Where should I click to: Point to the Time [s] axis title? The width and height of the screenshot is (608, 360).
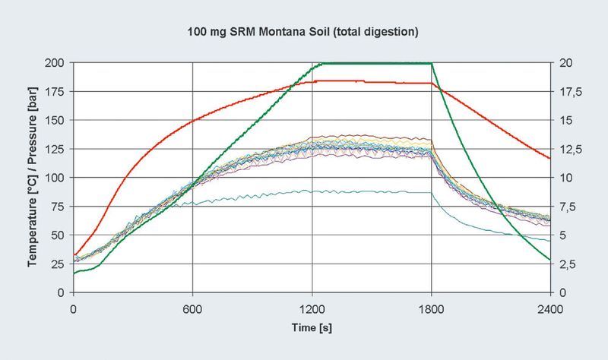311,327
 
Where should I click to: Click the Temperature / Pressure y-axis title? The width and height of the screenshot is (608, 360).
33,177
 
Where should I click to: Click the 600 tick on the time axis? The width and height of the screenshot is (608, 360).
192,308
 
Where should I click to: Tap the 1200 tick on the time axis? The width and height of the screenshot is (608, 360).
312,308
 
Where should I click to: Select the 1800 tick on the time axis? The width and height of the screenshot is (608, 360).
431,308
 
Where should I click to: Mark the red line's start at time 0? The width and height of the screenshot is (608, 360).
74,255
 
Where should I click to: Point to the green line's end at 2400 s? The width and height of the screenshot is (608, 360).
549,260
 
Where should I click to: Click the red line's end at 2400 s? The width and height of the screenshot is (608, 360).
549,158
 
